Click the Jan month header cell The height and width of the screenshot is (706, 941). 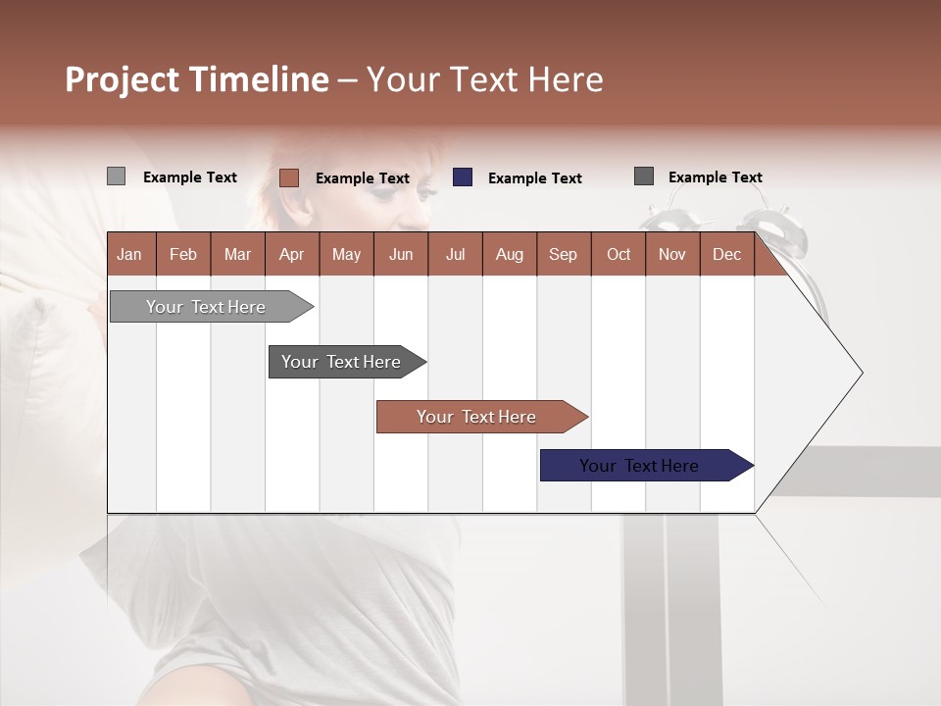click(x=130, y=254)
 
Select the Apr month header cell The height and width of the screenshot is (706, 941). click(x=292, y=254)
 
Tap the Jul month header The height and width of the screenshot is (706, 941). click(x=455, y=254)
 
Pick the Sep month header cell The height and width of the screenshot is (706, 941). click(x=564, y=254)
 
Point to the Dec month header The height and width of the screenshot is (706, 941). click(x=726, y=254)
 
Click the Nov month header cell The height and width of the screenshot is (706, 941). click(x=672, y=254)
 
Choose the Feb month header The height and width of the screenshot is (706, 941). click(x=183, y=254)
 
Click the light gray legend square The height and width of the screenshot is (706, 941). click(x=116, y=176)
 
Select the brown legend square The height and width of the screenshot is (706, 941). click(x=288, y=177)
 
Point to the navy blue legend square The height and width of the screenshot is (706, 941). click(x=463, y=177)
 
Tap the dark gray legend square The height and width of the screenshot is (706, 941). click(x=644, y=176)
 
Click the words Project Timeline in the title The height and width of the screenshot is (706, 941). click(x=196, y=79)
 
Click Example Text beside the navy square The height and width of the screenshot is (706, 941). click(x=535, y=178)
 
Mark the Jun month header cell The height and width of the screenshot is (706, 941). click(x=401, y=254)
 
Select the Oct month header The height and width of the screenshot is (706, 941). click(x=619, y=254)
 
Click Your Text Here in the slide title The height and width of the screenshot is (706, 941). click(x=485, y=79)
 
